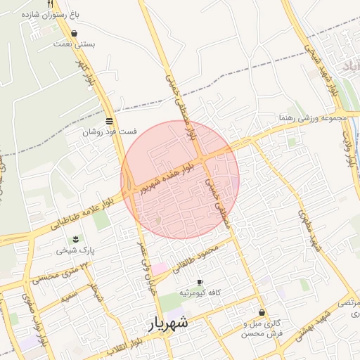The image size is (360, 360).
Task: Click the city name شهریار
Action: (168, 324)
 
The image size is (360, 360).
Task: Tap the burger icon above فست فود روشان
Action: (108, 121)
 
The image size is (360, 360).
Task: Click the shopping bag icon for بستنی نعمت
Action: (75, 33)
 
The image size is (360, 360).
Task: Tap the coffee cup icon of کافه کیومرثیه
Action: (200, 281)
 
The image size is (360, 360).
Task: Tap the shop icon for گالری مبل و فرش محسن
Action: (262, 313)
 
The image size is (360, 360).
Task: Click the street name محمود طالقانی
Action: (205, 252)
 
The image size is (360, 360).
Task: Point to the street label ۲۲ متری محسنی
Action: (56, 274)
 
